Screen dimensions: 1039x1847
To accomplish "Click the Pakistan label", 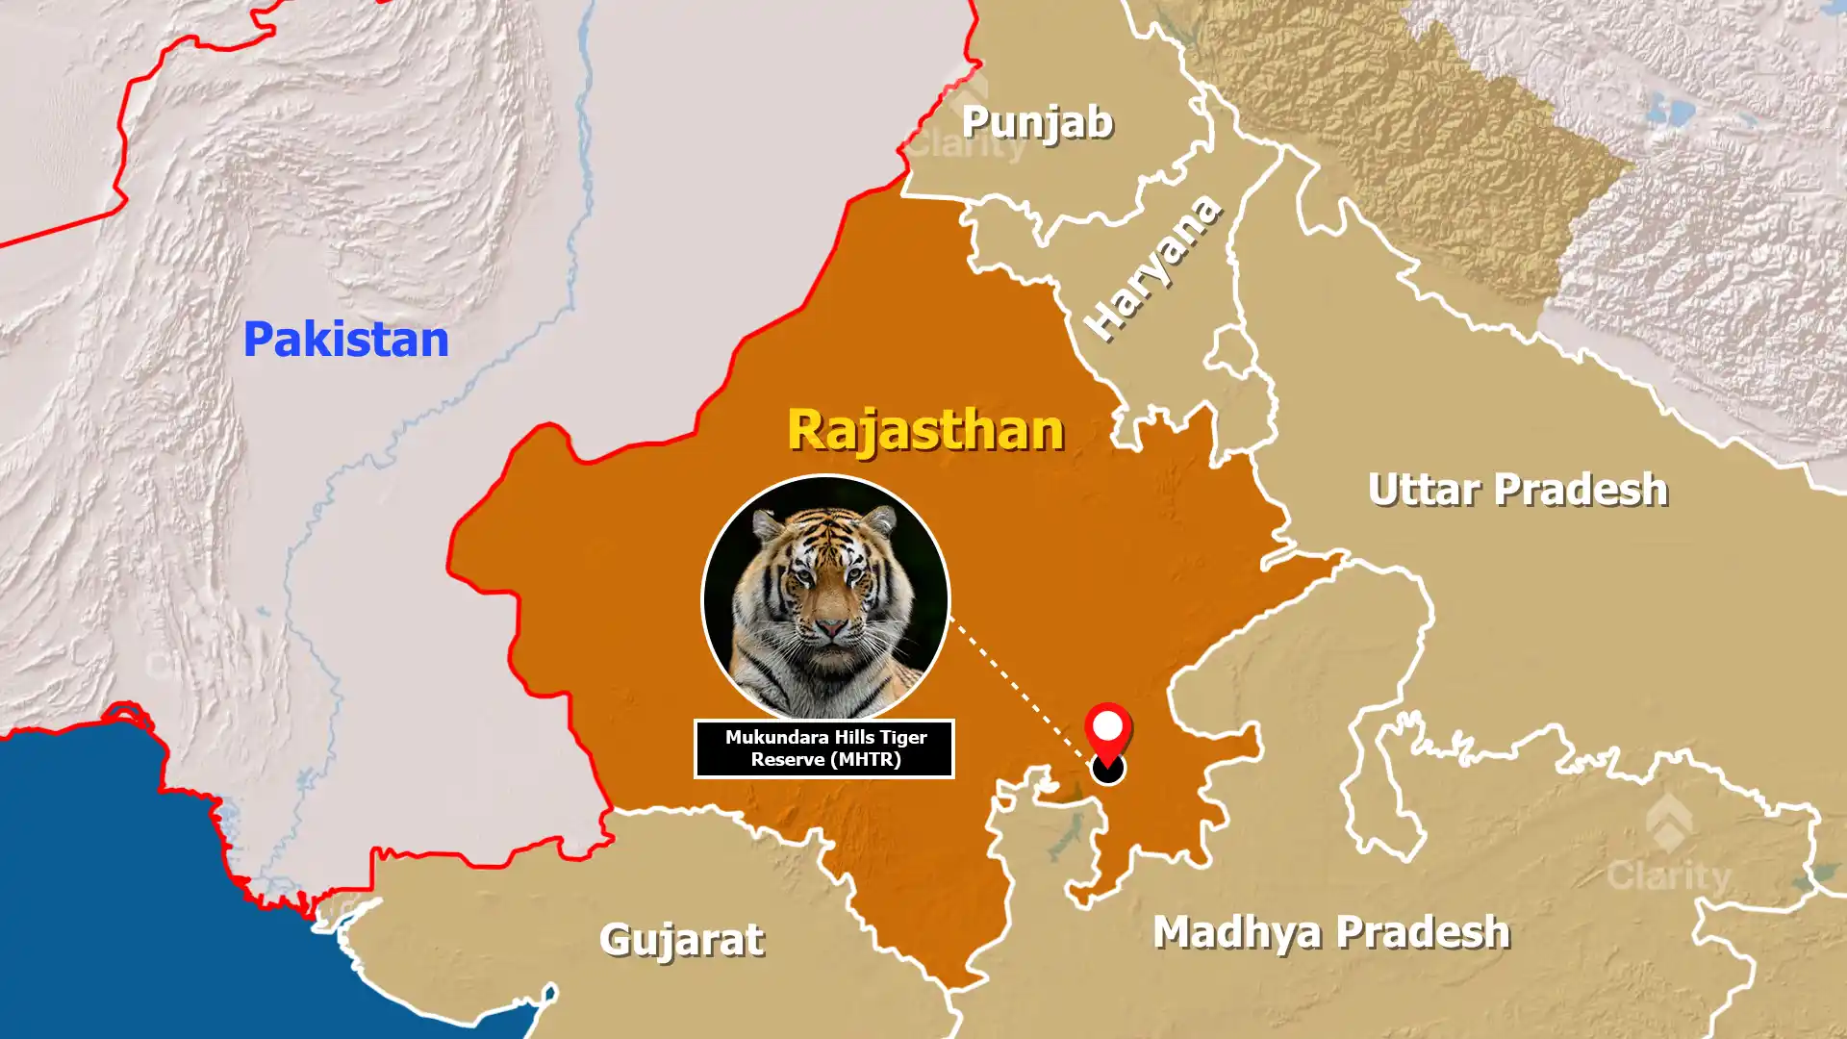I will (x=345, y=340).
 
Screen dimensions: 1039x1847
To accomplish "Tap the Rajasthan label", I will (x=925, y=429).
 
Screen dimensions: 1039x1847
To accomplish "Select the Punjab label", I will (x=1037, y=122).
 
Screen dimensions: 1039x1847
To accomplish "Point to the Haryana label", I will (x=1153, y=267).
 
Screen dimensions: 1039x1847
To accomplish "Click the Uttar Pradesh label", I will (x=1517, y=490).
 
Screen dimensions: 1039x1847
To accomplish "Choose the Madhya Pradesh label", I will (x=1331, y=931).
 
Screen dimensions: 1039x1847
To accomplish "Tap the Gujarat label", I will (x=681, y=939).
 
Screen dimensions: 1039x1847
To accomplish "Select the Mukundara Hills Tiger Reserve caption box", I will (x=824, y=748).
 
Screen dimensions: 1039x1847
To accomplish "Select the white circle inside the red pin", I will (x=1107, y=724).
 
